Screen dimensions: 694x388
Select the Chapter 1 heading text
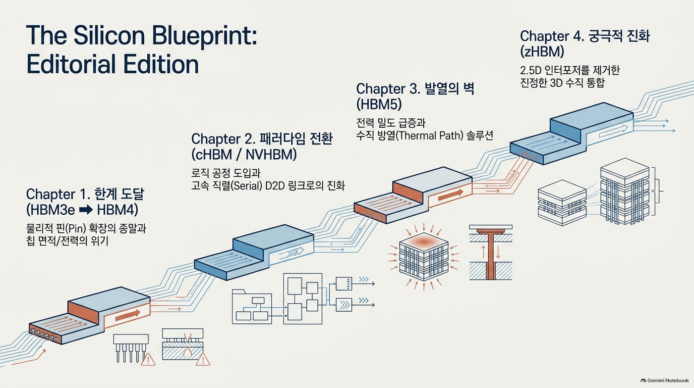pyautogui.click(x=85, y=195)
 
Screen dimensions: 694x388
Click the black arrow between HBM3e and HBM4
pyautogui.click(x=86, y=210)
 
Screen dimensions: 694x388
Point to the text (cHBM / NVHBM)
pyautogui.click(x=244, y=155)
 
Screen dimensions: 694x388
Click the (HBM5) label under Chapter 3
pyautogui.click(x=379, y=104)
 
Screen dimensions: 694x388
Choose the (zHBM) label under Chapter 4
pyautogui.click(x=542, y=52)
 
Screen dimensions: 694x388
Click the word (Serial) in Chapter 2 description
pyautogui.click(x=247, y=185)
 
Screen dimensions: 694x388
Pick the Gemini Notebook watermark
pyautogui.click(x=665, y=380)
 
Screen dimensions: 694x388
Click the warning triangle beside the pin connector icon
pyautogui.click(x=148, y=359)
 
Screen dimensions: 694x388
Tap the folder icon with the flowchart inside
pyautogui.click(x=252, y=307)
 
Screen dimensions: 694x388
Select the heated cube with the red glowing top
pyautogui.click(x=424, y=257)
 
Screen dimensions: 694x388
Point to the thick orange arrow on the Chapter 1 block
pyautogui.click(x=127, y=315)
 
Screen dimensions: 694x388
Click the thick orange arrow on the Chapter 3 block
pyautogui.click(x=451, y=195)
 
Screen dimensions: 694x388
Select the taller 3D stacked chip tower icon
pyautogui.click(x=624, y=191)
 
